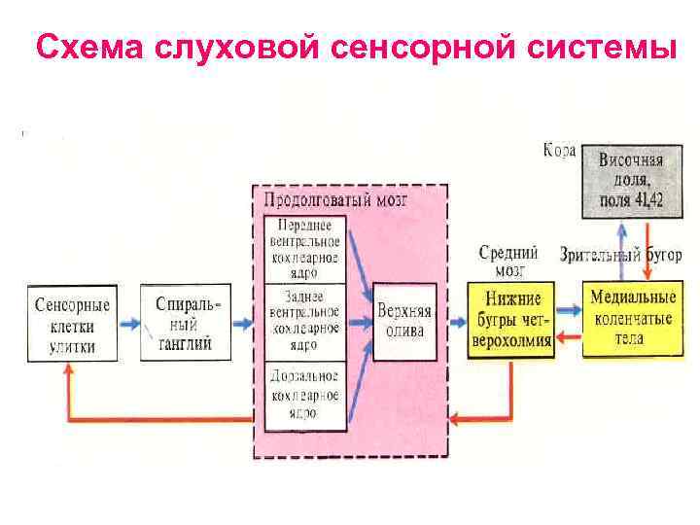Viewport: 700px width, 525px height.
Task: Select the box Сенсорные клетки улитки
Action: tap(72, 323)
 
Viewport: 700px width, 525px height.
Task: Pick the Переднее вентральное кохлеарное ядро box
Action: tap(305, 248)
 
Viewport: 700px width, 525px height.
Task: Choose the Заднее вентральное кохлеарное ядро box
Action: tap(305, 321)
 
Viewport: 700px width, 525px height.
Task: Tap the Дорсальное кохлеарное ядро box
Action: tap(305, 394)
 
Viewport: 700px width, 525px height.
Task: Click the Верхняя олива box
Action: tap(404, 321)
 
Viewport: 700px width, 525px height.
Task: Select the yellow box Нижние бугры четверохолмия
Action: tap(510, 320)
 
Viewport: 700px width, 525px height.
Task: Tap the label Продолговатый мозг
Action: tap(336, 200)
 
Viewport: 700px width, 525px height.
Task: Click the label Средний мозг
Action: tap(502, 261)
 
